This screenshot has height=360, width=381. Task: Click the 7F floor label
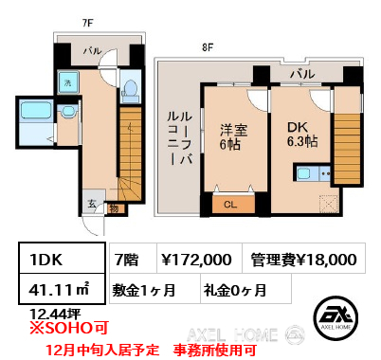click(x=87, y=23)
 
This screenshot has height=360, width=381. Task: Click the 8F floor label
click(x=208, y=47)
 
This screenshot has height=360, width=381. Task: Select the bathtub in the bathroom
click(x=36, y=111)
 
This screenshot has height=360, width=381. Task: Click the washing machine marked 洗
click(x=68, y=82)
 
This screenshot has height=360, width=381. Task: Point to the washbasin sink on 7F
click(x=67, y=111)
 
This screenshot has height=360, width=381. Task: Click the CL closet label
click(x=230, y=205)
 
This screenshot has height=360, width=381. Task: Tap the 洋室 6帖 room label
click(x=234, y=137)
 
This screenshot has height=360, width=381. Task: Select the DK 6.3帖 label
click(x=302, y=135)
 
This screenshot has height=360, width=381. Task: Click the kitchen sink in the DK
click(x=304, y=173)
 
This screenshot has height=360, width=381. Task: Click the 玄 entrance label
click(x=92, y=204)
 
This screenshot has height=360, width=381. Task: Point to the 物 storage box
click(x=115, y=208)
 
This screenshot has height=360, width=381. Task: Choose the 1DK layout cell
click(x=62, y=258)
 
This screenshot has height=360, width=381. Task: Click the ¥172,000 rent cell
click(x=200, y=258)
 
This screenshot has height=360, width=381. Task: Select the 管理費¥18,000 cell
click(x=304, y=258)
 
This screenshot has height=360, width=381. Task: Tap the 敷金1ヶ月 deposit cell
click(x=154, y=289)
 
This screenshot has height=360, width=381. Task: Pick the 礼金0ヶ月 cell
click(x=245, y=289)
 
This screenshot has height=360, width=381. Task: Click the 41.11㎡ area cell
click(x=62, y=289)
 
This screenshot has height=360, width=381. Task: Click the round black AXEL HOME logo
click(x=336, y=317)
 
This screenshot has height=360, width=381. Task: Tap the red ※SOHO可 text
click(x=69, y=328)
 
